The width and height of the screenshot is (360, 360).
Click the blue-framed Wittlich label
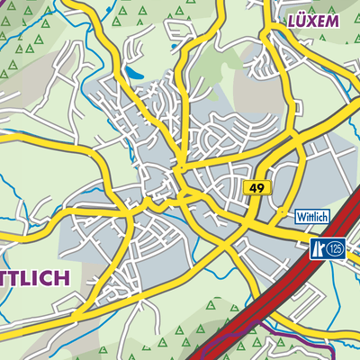pyautogui.click(x=312, y=217)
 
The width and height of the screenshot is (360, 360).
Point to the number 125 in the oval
pyautogui.click(x=336, y=247)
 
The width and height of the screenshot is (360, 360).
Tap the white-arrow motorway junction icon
pyautogui.click(x=318, y=247)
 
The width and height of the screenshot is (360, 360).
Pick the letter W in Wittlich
pyautogui.click(x=301, y=217)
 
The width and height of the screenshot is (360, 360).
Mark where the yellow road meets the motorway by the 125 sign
pyautogui.click(x=306, y=236)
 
